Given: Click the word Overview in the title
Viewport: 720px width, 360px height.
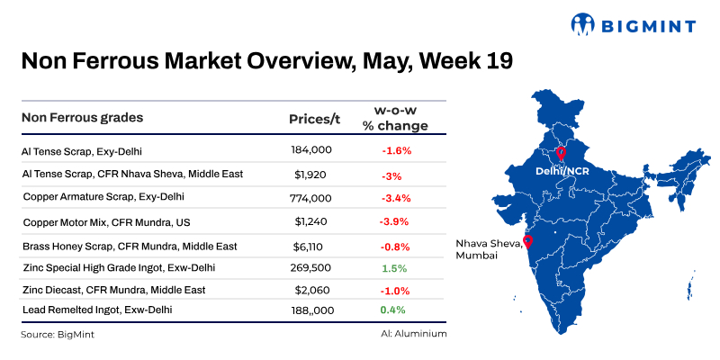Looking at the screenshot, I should click(x=281, y=61).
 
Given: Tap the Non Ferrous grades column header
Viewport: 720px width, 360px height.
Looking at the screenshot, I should click(x=82, y=118).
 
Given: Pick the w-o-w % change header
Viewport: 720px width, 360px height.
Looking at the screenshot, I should click(x=395, y=118).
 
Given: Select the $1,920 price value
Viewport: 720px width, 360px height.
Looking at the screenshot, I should click(x=312, y=174).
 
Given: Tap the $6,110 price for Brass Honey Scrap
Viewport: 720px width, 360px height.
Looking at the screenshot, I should click(x=312, y=246).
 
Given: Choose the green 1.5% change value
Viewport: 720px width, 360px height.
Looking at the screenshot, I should click(x=396, y=268).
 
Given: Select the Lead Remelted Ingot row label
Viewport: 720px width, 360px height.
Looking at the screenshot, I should click(x=96, y=310).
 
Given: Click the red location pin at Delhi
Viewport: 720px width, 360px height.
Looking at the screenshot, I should click(x=561, y=154).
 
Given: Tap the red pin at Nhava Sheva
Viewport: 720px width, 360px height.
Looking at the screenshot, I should click(x=527, y=241).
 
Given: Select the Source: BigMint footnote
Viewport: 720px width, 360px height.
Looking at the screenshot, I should click(x=57, y=334).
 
